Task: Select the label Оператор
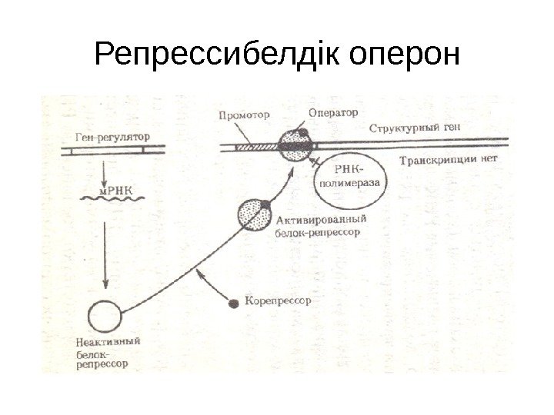pos(333,112)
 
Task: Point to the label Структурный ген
pos(416,128)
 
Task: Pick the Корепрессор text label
pos(278,302)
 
